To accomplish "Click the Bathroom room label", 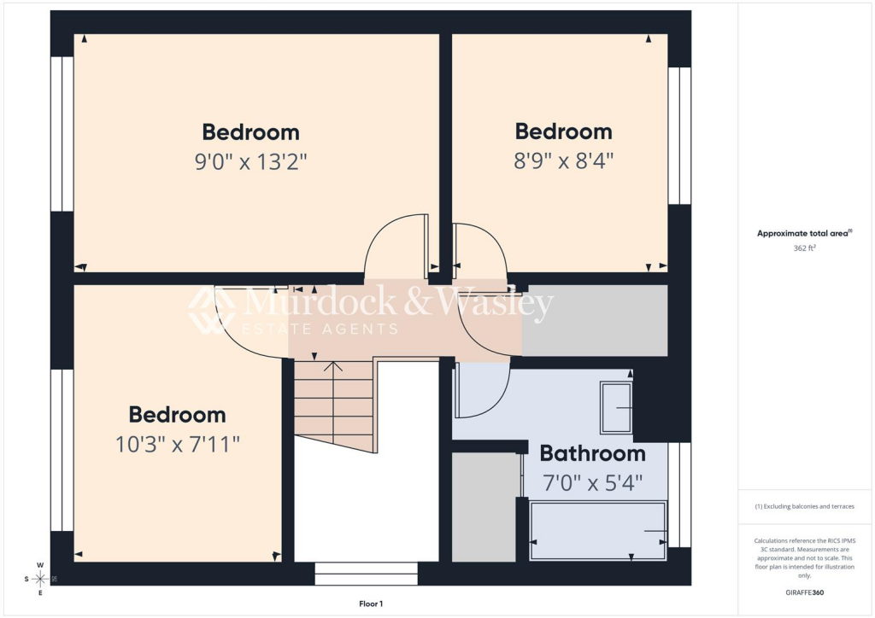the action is point(593,453).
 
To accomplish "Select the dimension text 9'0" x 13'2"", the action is point(250,162).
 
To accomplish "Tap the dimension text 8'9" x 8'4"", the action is point(564,161).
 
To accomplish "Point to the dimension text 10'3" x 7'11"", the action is point(178,445).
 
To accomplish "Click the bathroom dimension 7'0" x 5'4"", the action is point(593,482).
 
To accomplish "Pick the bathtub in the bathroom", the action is point(597,531).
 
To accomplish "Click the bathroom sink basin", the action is point(616,407).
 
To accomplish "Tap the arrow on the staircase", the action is point(333,402).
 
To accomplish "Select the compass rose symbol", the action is point(39,579).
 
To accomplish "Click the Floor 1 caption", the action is point(371,603).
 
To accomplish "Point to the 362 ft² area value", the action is point(804,248).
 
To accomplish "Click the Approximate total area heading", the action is point(804,234).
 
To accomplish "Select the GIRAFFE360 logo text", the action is point(804,592).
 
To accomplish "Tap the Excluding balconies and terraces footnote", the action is point(804,506).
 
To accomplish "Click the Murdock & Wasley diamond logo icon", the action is point(212,311).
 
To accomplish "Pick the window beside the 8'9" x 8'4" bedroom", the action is point(679,136).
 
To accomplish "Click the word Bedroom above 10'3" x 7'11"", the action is point(178,415).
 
